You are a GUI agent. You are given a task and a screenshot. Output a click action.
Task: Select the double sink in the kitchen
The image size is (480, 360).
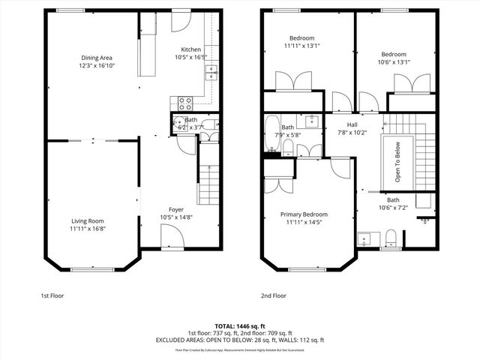pos(211,72)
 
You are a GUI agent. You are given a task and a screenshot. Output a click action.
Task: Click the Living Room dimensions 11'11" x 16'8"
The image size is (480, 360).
pos(88,229)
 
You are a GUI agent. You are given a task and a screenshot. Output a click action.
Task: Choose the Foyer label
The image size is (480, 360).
pos(175,209)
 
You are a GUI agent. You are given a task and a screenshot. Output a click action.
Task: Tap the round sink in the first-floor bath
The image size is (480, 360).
pos(178,124)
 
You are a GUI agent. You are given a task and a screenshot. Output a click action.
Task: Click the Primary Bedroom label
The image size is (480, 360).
pos(304,214)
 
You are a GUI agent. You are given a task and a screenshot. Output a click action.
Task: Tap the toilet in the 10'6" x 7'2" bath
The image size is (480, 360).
pos(390,238)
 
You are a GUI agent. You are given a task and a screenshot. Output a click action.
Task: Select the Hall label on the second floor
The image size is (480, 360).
pos(352,124)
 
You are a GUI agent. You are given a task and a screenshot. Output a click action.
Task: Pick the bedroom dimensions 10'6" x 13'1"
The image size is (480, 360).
pos(393,62)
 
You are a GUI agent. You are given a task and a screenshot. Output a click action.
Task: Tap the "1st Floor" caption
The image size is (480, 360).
pos(52,295)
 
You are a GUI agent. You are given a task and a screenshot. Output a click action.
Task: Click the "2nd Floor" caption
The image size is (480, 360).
pos(274,295)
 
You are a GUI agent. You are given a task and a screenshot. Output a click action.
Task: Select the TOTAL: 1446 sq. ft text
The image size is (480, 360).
pos(239,325)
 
